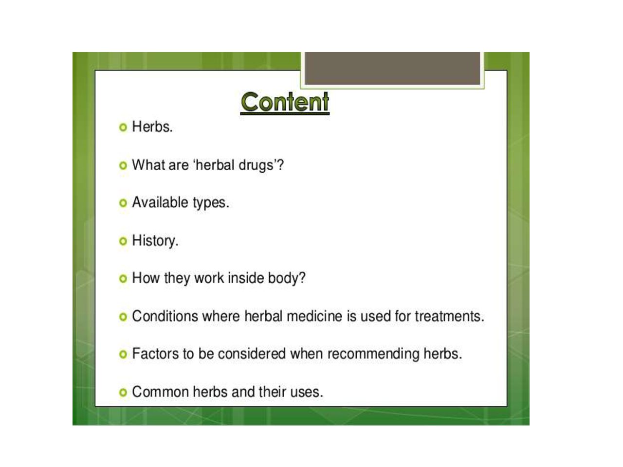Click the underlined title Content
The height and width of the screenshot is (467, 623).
click(x=285, y=102)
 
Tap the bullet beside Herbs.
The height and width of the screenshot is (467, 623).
click(x=123, y=127)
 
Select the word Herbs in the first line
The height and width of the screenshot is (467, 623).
click(x=152, y=126)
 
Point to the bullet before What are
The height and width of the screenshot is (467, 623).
click(x=123, y=165)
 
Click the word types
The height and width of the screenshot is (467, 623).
click(x=211, y=203)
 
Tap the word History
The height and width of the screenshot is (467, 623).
click(x=155, y=241)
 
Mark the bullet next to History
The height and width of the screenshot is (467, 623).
click(x=123, y=241)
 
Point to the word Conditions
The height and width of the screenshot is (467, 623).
click(x=165, y=316)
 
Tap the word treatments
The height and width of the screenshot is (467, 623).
click(x=450, y=316)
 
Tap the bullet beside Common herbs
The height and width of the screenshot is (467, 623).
click(x=123, y=393)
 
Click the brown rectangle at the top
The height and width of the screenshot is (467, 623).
click(x=392, y=68)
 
